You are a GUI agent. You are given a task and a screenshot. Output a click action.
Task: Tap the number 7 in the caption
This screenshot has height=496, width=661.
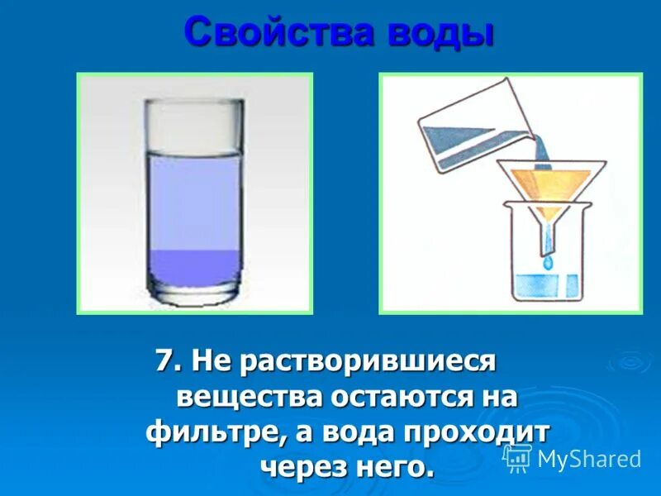[x=164, y=360]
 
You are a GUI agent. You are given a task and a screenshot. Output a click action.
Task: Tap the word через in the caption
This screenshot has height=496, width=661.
[x=302, y=468]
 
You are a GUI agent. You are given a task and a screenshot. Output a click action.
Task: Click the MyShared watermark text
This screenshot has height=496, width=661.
[x=589, y=460]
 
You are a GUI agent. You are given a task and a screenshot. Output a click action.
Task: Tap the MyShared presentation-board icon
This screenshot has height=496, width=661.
[x=516, y=457]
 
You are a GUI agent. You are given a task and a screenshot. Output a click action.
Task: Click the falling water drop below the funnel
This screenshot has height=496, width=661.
[x=547, y=263]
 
